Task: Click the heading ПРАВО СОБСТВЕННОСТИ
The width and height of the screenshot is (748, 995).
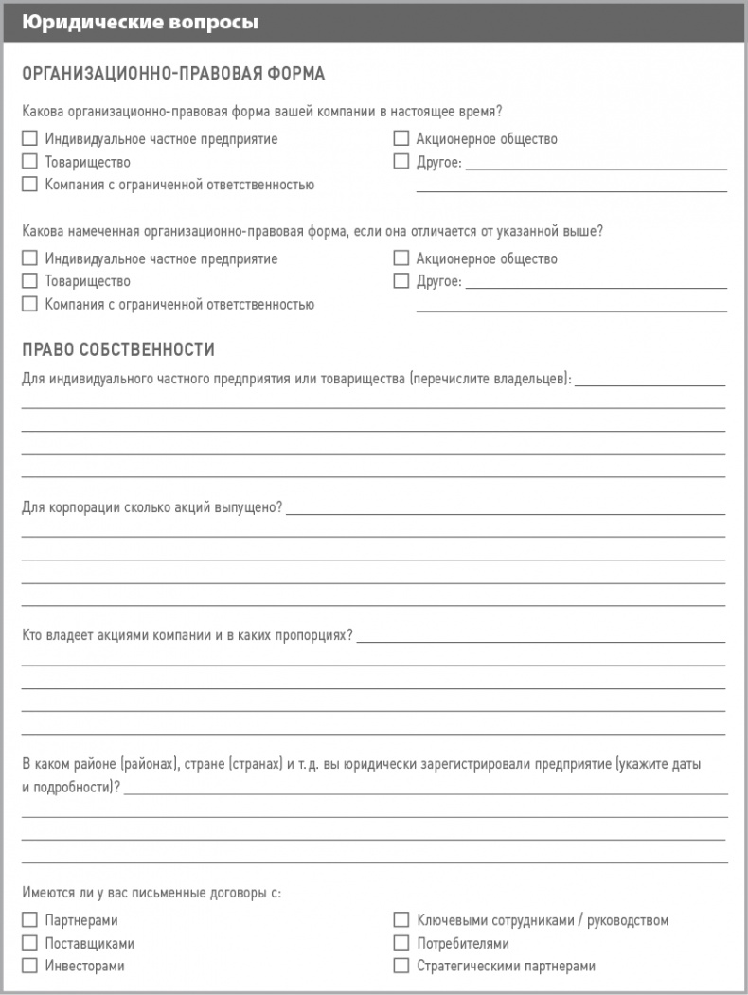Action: click(118, 350)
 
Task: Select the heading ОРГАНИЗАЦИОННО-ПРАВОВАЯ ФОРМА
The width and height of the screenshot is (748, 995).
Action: click(172, 74)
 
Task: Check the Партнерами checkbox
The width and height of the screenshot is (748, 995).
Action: click(29, 920)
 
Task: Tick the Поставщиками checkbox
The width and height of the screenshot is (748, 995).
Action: click(29, 943)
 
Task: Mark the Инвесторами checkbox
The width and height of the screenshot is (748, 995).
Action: click(29, 966)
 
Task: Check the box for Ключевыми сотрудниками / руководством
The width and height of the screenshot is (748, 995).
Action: click(401, 920)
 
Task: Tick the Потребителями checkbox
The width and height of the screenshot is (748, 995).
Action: click(401, 943)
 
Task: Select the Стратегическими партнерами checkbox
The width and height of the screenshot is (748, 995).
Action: click(401, 966)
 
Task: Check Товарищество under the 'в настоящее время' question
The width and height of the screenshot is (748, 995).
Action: click(29, 162)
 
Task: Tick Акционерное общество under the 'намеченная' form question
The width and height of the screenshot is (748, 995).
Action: click(401, 258)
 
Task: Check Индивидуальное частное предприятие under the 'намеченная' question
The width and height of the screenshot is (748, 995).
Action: click(29, 258)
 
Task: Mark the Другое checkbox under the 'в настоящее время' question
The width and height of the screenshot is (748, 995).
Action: click(401, 162)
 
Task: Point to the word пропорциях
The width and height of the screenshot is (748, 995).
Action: click(317, 634)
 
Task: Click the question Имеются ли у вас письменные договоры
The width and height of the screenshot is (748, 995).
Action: click(151, 892)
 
